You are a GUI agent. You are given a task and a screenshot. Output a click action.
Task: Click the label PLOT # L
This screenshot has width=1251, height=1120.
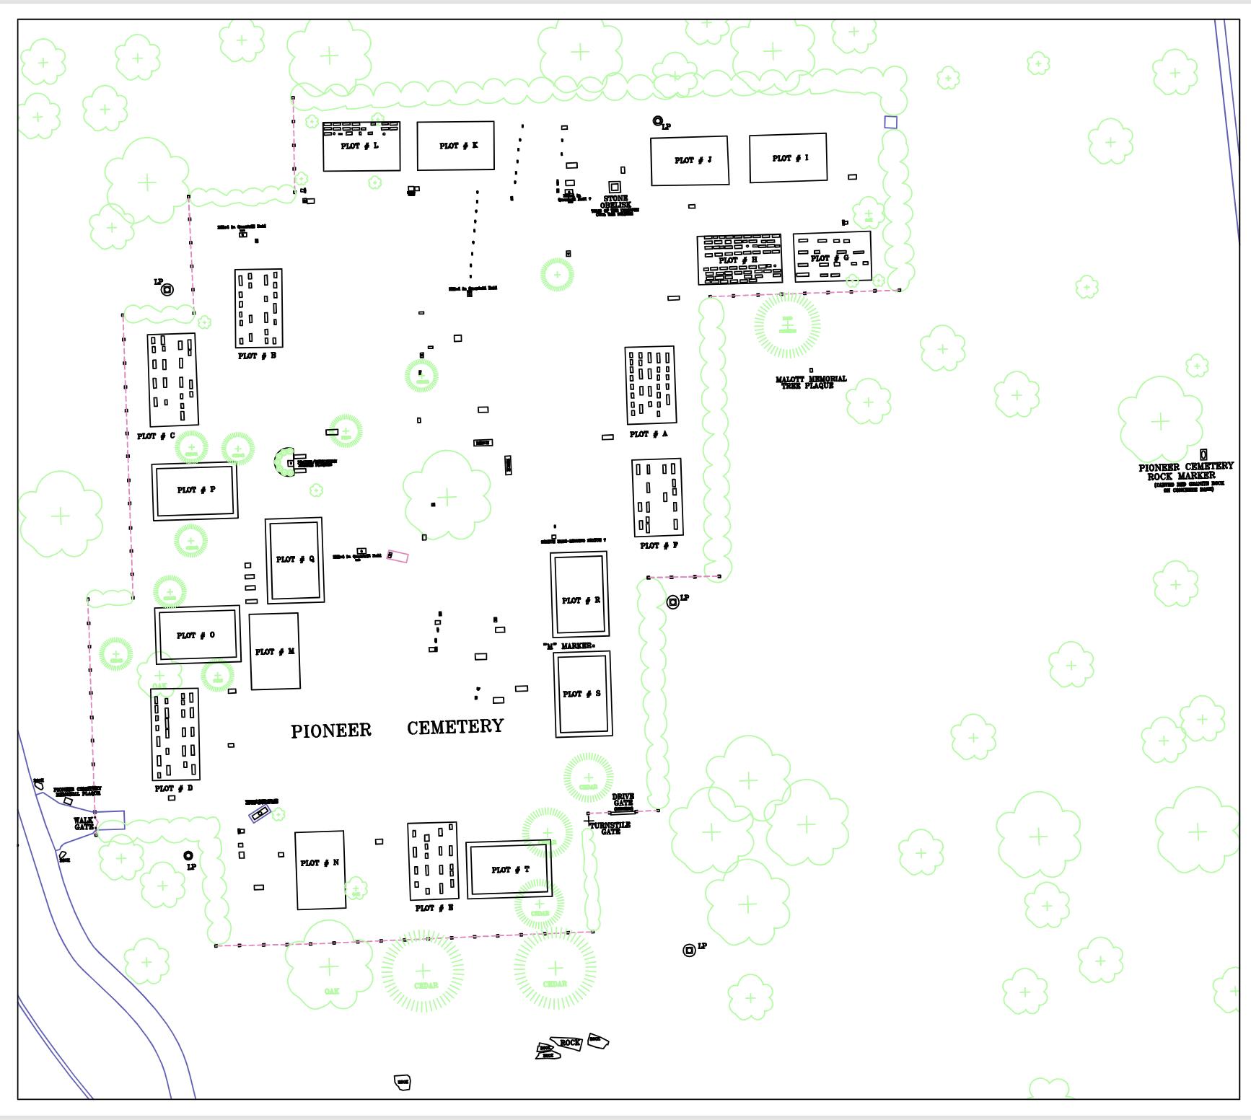(x=359, y=146)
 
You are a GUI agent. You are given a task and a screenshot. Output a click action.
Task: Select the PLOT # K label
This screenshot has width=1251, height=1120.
(x=458, y=146)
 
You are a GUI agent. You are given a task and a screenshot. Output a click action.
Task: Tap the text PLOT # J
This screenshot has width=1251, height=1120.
(x=693, y=160)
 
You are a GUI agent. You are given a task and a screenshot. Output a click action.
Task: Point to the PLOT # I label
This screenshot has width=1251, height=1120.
(x=790, y=158)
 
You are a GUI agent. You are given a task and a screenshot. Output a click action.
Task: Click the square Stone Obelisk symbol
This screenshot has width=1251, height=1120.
(x=615, y=187)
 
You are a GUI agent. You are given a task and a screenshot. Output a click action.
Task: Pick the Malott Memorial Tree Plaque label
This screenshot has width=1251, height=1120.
(x=811, y=382)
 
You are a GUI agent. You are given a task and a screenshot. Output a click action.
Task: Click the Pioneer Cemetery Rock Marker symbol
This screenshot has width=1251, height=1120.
(x=1203, y=455)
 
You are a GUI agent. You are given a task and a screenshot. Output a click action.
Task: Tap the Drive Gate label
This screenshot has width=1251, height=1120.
(x=623, y=800)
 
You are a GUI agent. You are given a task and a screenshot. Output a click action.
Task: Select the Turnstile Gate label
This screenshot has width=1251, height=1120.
(x=610, y=828)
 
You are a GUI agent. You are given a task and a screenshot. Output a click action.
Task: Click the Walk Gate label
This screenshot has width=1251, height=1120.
(x=84, y=824)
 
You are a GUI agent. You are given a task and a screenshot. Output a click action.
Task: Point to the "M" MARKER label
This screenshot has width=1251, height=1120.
(x=569, y=646)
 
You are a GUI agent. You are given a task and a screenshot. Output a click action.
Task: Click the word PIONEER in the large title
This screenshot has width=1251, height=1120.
(x=331, y=731)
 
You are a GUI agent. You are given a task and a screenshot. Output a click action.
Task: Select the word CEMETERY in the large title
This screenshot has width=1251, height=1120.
(x=455, y=727)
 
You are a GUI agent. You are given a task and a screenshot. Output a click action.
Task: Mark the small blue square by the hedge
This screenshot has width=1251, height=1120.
(x=890, y=123)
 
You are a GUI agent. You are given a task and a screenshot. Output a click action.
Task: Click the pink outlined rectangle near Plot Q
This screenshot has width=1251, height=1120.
(x=398, y=556)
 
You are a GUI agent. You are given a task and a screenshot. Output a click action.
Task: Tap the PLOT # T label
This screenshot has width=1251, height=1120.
(x=510, y=870)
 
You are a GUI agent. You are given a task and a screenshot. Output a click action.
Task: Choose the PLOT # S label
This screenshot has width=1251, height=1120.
(x=581, y=694)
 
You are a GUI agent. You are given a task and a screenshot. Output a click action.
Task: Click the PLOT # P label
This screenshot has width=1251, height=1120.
(x=196, y=490)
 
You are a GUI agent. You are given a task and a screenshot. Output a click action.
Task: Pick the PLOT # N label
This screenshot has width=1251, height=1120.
(x=320, y=863)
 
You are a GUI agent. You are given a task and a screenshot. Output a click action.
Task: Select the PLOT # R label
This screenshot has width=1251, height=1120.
(x=581, y=600)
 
